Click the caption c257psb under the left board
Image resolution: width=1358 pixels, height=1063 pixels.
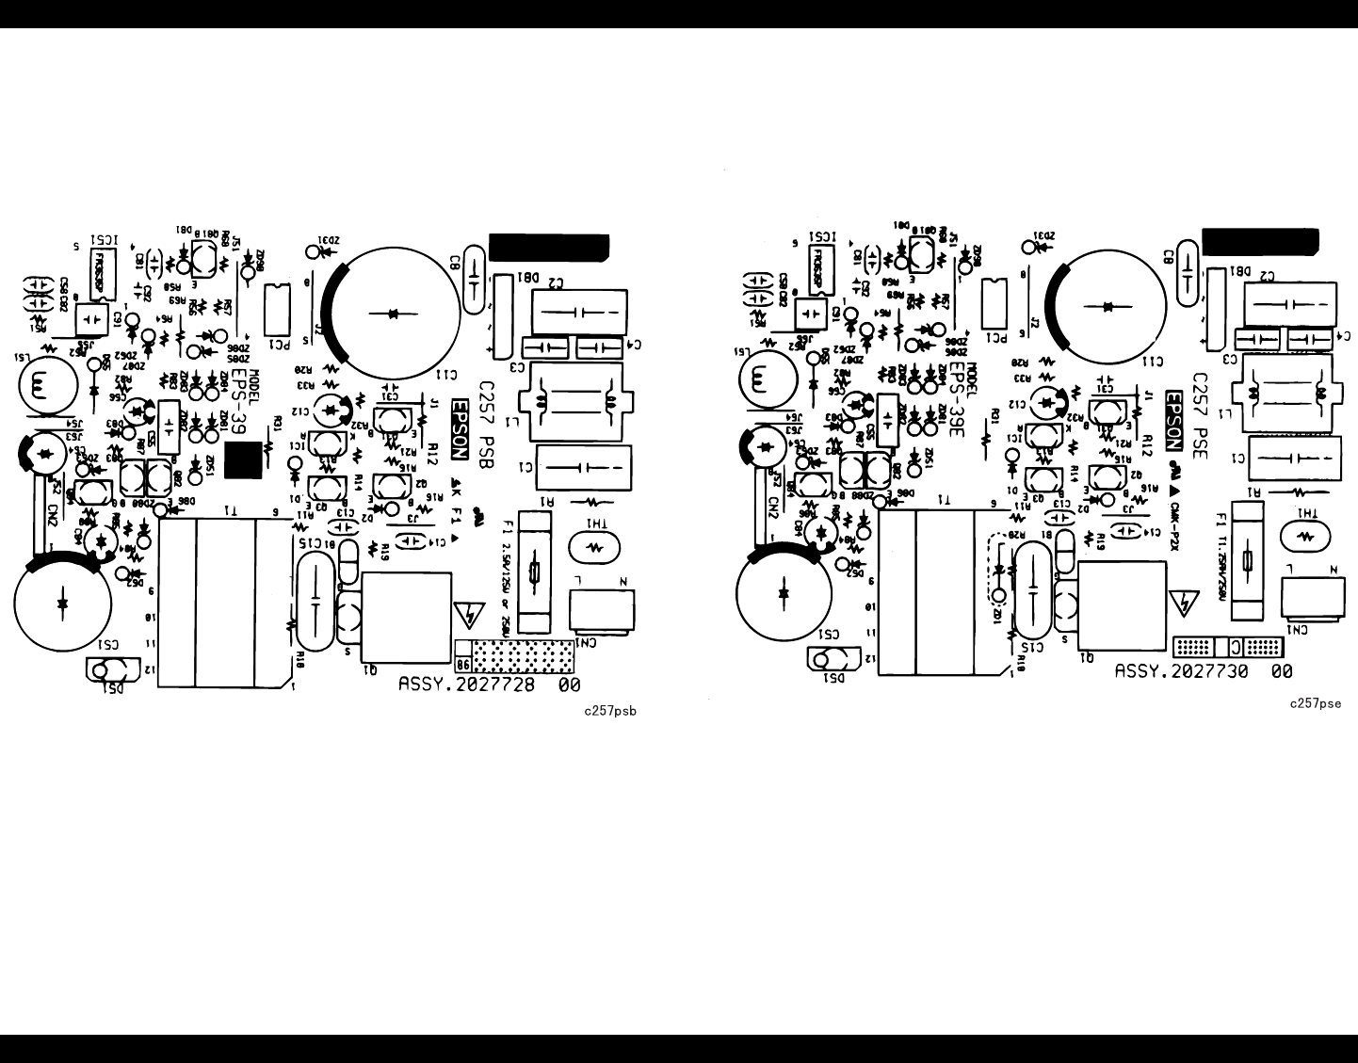click(x=609, y=711)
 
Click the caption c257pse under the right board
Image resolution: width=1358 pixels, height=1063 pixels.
click(x=1316, y=702)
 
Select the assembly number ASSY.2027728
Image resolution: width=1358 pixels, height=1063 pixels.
click(x=467, y=685)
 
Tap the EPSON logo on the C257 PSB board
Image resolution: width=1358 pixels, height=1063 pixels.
click(x=460, y=429)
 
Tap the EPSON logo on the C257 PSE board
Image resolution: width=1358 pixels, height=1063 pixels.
click(x=1173, y=421)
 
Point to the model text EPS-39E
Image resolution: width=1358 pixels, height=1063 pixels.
click(x=957, y=401)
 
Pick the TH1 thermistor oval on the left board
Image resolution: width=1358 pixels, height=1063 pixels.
click(x=593, y=545)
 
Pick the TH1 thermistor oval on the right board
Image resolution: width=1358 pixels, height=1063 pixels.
click(x=1305, y=535)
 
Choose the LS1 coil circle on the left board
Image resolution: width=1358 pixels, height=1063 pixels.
click(x=41, y=385)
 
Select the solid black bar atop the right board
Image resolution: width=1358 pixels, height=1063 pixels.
click(x=1260, y=241)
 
